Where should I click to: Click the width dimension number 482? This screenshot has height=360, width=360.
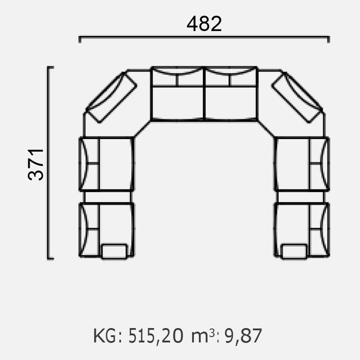(204, 24)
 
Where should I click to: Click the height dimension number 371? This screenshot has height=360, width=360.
(36, 164)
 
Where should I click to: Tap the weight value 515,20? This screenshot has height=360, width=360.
(155, 336)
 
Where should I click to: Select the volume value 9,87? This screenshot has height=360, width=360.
(243, 336)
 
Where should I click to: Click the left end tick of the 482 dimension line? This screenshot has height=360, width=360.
(79, 39)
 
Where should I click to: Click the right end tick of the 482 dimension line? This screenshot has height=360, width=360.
(328, 39)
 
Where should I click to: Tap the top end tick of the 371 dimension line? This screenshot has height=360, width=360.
(50, 67)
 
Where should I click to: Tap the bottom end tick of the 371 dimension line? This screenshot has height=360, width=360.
(50, 258)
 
